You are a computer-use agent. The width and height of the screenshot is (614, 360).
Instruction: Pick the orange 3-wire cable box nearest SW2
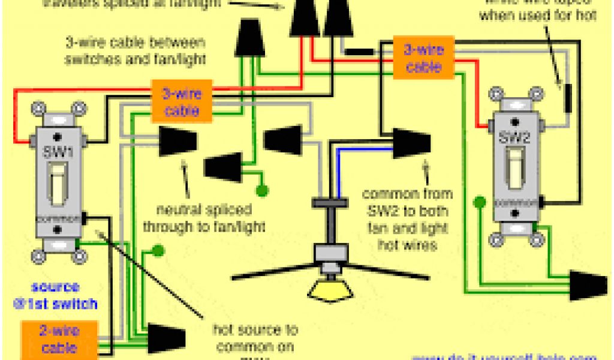click(x=424, y=58)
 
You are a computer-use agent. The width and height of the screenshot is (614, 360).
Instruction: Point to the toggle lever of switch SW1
click(x=58, y=183)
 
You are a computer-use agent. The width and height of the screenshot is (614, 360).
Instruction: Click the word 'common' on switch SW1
click(x=58, y=218)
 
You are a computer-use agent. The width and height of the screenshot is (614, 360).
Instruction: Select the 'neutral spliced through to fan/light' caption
click(x=204, y=219)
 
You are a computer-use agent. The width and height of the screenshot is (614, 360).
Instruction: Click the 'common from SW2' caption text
click(x=408, y=219)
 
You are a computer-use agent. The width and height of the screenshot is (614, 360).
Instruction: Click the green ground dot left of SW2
click(x=479, y=202)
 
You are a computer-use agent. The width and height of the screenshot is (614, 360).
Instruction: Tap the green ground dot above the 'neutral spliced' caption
click(x=261, y=191)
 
